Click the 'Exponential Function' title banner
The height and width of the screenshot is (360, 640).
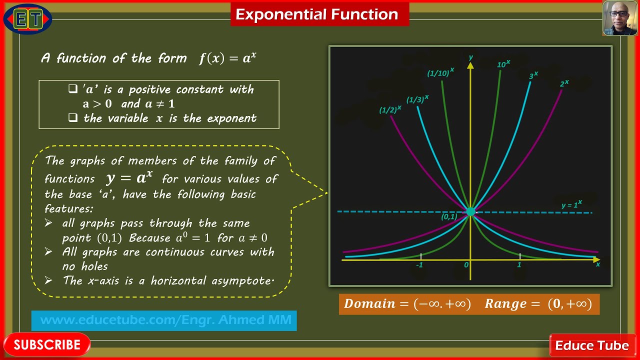317,14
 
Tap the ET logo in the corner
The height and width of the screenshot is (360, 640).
27,19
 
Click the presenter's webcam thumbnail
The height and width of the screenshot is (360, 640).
619,18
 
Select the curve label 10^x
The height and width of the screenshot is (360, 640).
503,64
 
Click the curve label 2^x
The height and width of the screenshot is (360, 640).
564,83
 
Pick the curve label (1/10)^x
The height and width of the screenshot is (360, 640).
440,73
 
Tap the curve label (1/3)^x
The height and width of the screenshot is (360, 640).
417,99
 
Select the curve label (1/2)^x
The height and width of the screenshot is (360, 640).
390,109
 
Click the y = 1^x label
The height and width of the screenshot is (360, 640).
571,204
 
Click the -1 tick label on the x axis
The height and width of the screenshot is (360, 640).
419,265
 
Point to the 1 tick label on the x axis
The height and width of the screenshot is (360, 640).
519,265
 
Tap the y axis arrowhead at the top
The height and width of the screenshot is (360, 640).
470,64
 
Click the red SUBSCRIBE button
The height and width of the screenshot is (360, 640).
46,344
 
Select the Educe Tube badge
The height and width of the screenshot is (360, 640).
591,345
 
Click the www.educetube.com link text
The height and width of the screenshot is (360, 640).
165,320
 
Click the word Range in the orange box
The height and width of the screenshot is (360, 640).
505,304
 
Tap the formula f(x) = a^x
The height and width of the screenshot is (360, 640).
227,58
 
